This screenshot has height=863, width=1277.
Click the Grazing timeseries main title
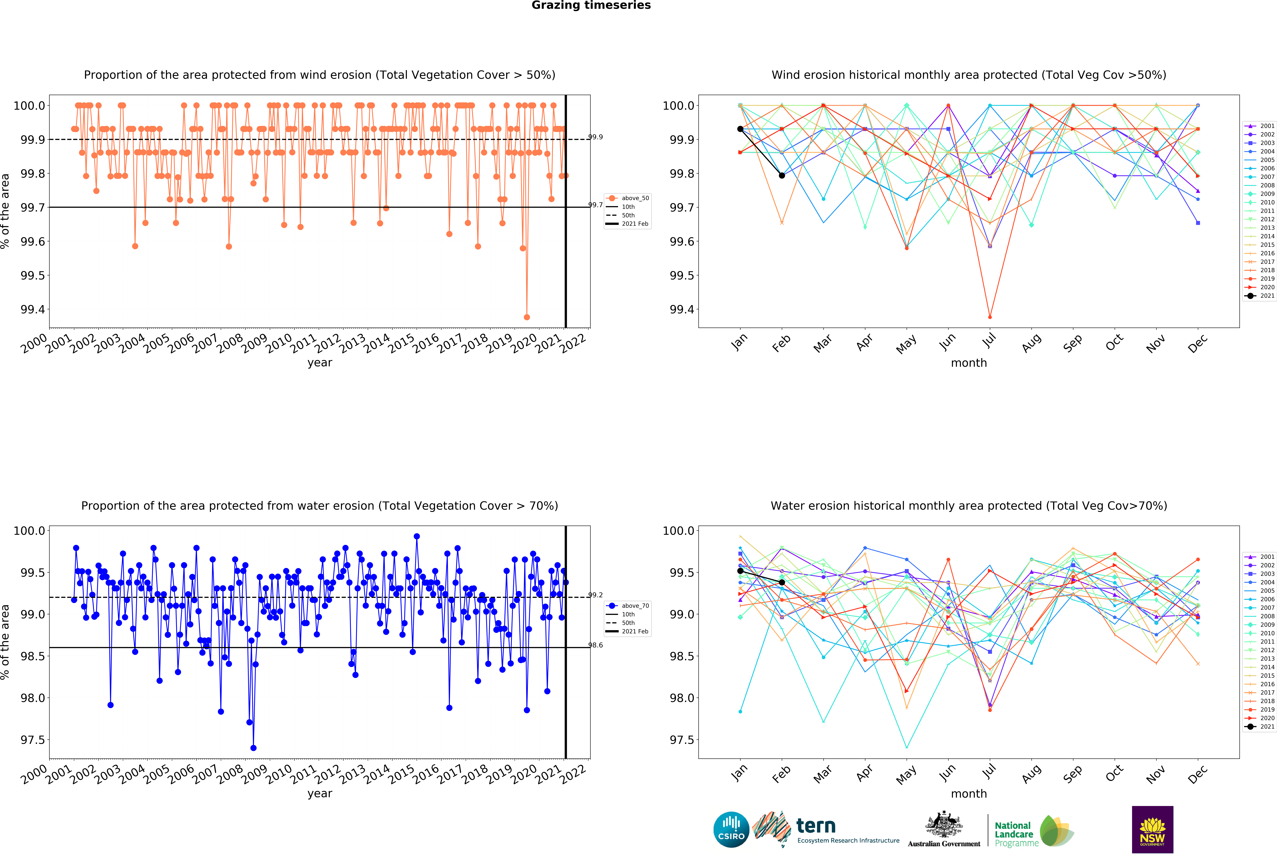(x=591, y=6)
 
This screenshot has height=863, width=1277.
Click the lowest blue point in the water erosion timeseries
(x=253, y=748)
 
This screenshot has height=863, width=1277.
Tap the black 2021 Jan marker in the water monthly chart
(x=740, y=571)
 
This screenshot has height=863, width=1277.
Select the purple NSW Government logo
(x=1152, y=830)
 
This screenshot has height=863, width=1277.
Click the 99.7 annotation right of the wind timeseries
(x=596, y=205)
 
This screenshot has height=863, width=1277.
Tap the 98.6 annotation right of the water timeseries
(x=596, y=645)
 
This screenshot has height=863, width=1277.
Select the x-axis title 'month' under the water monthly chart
(x=969, y=794)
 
